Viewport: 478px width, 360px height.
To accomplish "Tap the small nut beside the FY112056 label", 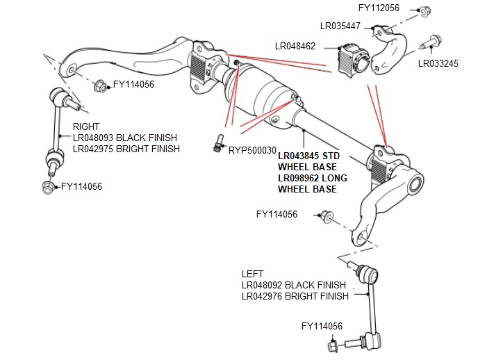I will point(426,10).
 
